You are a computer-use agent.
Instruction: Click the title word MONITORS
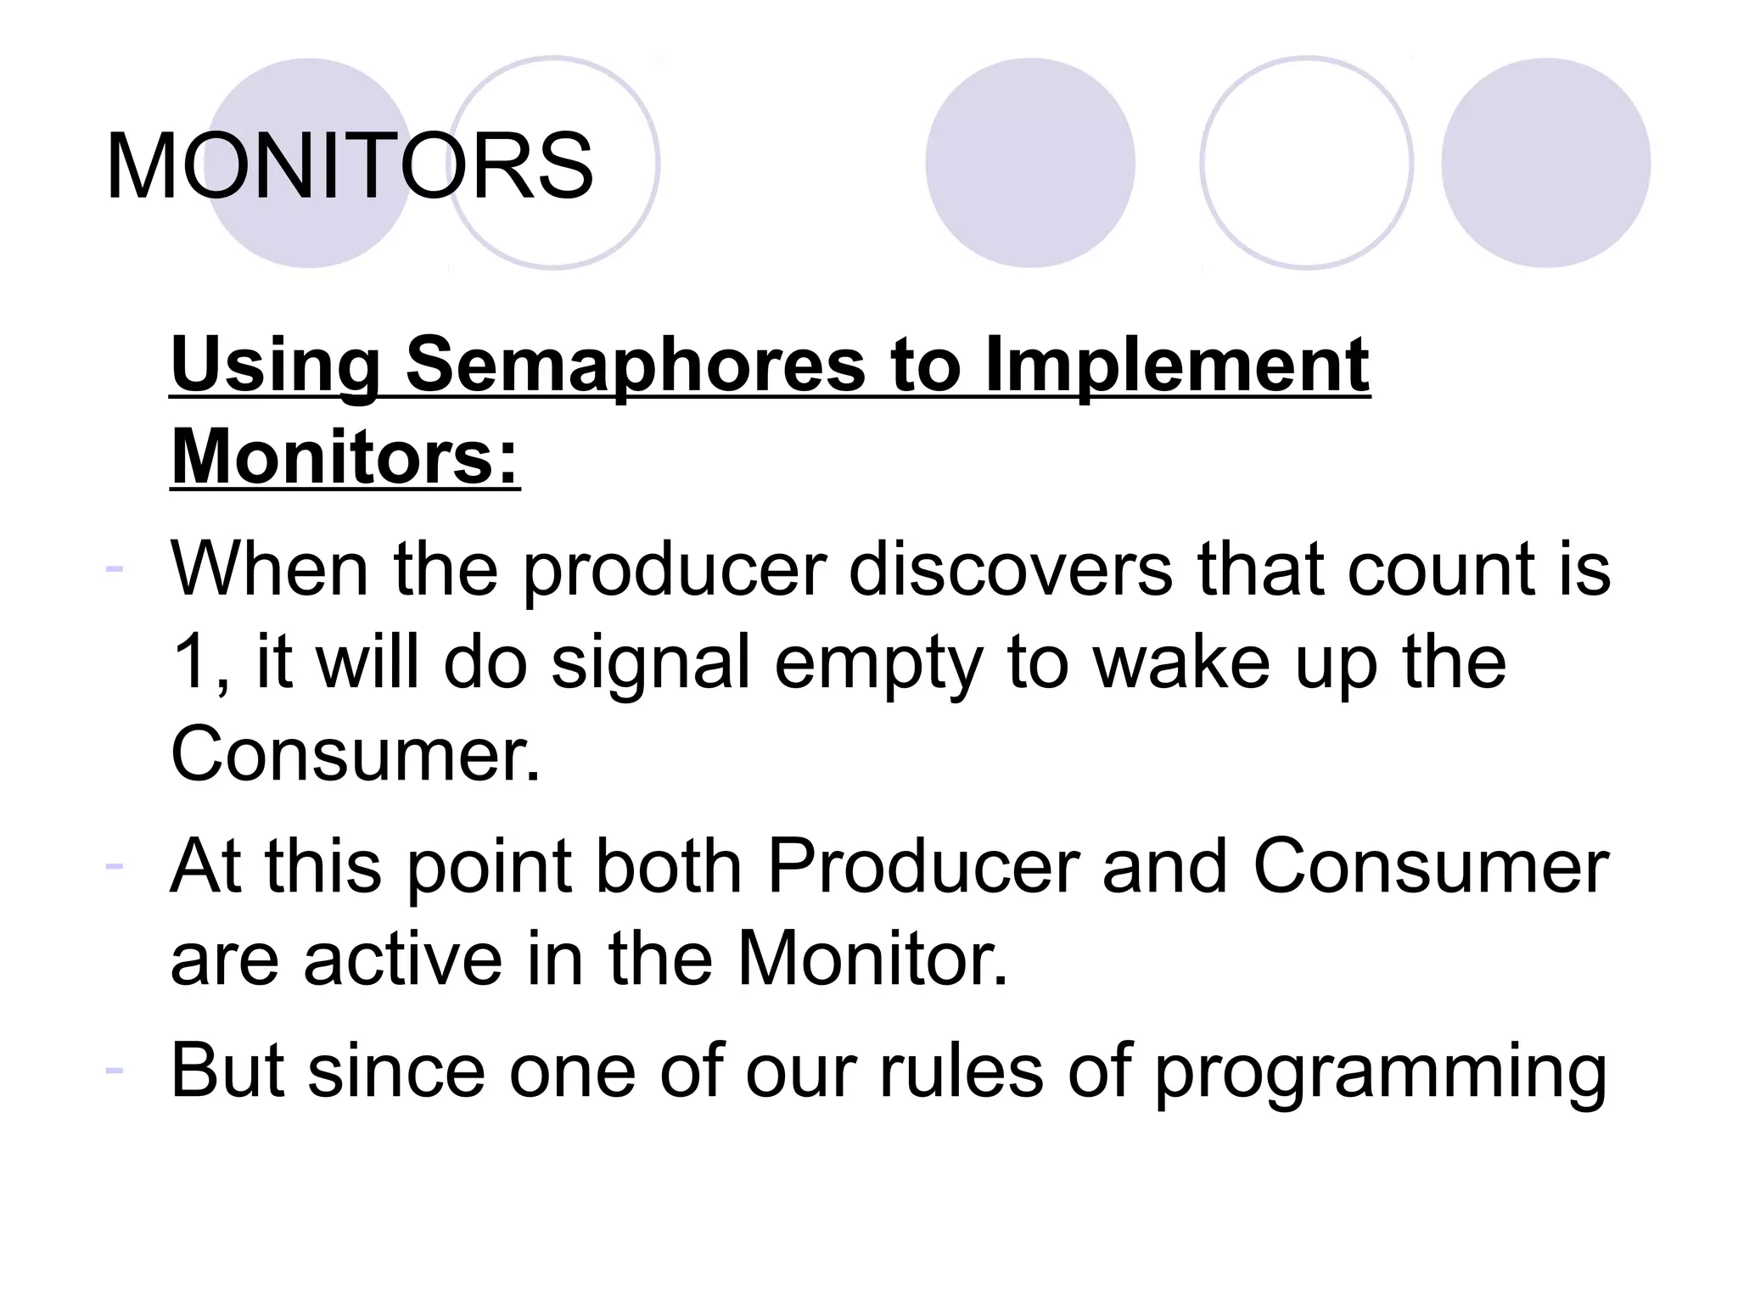349,166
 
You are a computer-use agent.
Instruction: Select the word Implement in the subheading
1177,365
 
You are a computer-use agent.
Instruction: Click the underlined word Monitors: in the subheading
345,458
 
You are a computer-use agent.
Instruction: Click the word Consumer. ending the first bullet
355,754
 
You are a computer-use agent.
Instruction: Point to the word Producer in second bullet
922,866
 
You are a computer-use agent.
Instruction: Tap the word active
403,959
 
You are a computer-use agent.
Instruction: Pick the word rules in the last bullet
961,1071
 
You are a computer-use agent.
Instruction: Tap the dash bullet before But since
115,1069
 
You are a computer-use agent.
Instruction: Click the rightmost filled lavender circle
1545,163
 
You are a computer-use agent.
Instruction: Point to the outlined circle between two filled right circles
1306,163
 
